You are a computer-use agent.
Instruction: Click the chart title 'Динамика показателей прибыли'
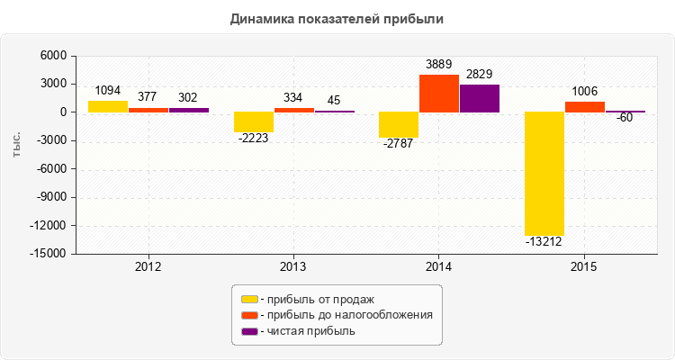point(337,18)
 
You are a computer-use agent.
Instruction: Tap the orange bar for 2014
point(439,94)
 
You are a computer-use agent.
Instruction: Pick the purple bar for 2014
point(480,98)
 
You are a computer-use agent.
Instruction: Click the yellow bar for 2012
point(108,106)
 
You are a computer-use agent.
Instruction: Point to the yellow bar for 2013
point(254,122)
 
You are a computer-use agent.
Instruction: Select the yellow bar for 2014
point(399,125)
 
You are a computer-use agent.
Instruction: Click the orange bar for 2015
point(585,107)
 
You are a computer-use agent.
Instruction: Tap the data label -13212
point(545,241)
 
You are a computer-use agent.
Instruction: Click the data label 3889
point(439,64)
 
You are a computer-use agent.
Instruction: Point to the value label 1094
point(108,90)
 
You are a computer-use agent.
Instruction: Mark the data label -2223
point(254,138)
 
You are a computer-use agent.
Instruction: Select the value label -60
point(625,118)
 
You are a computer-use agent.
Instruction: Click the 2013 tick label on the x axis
point(293,267)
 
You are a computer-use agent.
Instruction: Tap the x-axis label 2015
point(585,267)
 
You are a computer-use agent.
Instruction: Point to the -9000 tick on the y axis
point(50,197)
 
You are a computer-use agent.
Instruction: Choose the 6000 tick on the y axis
point(54,56)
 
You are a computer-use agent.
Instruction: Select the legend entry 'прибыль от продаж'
point(315,299)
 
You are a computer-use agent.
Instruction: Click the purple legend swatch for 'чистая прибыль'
point(250,331)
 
